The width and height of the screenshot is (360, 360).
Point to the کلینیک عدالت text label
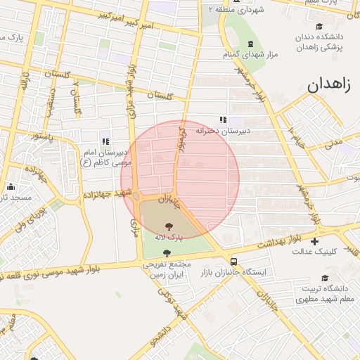coord(314,251)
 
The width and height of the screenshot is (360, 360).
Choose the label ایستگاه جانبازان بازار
coord(232,271)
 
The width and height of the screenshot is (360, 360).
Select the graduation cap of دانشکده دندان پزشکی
coord(319,26)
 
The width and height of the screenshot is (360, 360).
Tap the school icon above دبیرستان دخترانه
coord(223,120)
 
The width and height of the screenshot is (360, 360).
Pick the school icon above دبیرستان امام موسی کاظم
coord(105,141)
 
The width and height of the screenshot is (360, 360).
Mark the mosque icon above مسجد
coord(11,187)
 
